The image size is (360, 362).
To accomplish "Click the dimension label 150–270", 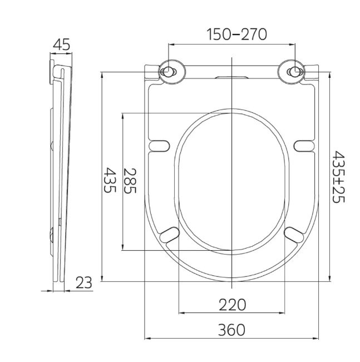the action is (x=236, y=34).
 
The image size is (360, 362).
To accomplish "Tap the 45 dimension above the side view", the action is (x=61, y=44).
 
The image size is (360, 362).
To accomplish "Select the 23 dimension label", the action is (x=83, y=282).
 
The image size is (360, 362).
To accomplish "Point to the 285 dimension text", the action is (x=130, y=181).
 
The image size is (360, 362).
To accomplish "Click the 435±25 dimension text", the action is (x=338, y=177).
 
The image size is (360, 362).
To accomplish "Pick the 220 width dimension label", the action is (x=232, y=305).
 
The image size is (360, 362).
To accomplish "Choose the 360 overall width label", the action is (x=231, y=330).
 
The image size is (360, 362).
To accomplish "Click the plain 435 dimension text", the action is (x=109, y=180).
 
